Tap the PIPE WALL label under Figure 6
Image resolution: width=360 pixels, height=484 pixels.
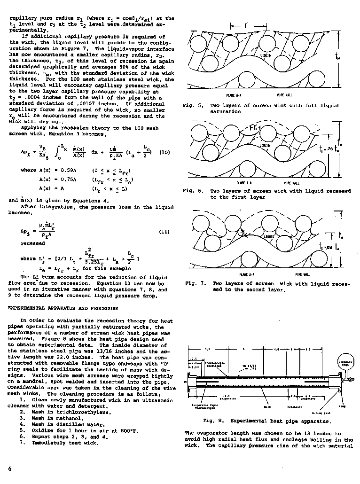(x=292, y=182)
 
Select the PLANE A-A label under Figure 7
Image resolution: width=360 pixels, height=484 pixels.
(x=247, y=274)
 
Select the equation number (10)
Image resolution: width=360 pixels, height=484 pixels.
(x=164, y=152)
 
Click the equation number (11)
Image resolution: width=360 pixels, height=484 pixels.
(x=164, y=232)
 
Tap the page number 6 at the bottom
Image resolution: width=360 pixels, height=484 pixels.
(x=9, y=468)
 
